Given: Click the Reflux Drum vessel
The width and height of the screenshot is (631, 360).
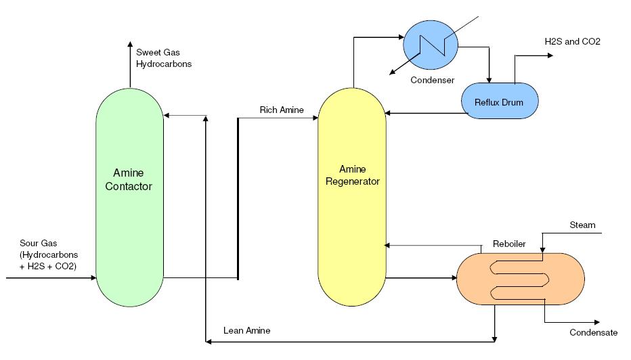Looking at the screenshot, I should pos(502,102).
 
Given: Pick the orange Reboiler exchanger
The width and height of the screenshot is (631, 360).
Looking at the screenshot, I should pos(521,277).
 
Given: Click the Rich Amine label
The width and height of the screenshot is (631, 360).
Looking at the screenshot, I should pos(282,110).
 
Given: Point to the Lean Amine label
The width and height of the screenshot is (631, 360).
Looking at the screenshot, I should pos(247,331).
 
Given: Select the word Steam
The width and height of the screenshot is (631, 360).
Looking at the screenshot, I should pos(582,225).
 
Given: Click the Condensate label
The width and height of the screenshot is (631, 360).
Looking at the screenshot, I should pos(593,332).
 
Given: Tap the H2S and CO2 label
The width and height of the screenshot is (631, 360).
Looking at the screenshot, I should pos(572,41).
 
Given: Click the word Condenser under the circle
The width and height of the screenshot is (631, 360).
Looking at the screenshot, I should pos(432,80).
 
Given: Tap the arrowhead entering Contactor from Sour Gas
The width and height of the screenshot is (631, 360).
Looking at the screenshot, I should pos(93,277).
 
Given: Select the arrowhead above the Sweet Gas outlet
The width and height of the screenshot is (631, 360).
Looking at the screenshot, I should pos(129,44).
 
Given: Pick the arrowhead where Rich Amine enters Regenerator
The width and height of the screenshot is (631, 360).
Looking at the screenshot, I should pos(315,118).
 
